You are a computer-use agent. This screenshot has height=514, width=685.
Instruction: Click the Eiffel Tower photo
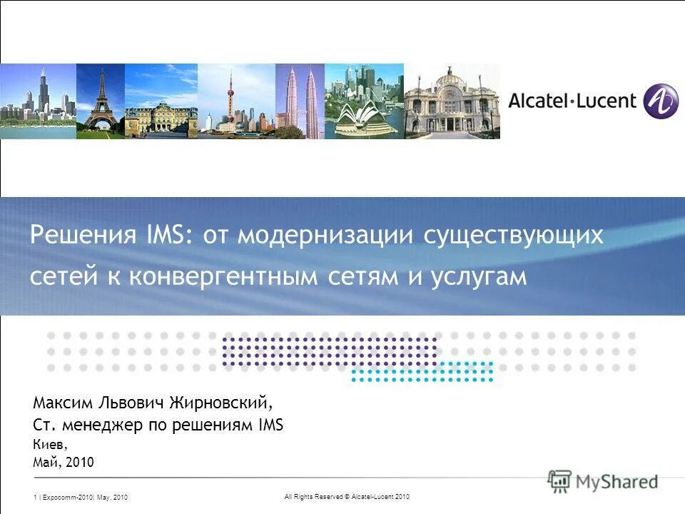click(x=100, y=101)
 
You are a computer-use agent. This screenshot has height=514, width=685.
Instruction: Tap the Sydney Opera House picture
click(x=364, y=101)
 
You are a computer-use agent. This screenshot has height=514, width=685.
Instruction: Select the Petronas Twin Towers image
click(x=300, y=101)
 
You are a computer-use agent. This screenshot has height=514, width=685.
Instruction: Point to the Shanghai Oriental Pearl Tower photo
click(x=235, y=101)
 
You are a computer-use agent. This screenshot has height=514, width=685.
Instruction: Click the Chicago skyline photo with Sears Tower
click(x=38, y=101)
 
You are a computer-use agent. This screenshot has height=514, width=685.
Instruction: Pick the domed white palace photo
click(x=452, y=101)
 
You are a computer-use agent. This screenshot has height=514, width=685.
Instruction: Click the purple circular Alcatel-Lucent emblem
click(x=660, y=101)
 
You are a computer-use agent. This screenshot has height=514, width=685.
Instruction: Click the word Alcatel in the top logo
click(x=539, y=100)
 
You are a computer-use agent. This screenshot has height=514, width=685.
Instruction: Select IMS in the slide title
click(x=170, y=236)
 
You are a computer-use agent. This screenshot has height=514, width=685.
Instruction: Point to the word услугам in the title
click(x=478, y=276)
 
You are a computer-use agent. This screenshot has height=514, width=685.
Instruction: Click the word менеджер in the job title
click(x=93, y=425)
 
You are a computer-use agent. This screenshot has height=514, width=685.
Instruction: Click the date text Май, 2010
click(x=63, y=463)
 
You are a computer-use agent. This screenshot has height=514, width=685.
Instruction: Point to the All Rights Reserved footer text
click(x=345, y=496)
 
